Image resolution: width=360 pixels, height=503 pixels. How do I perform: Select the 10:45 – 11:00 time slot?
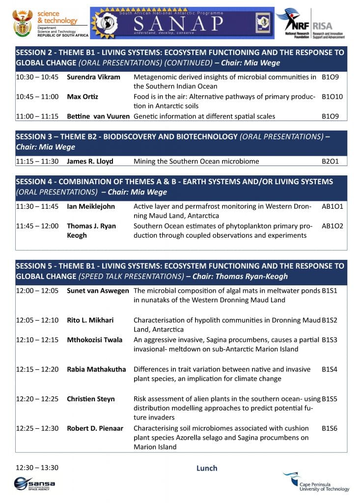(x=37, y=97)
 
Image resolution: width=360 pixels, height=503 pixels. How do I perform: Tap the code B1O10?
(x=332, y=97)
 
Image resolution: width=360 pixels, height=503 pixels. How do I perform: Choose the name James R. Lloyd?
(x=90, y=161)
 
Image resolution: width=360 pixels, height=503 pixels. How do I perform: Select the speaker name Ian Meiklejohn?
(x=91, y=206)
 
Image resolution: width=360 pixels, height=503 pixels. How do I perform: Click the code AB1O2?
(x=332, y=226)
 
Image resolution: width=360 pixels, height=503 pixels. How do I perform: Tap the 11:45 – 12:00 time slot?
(x=37, y=226)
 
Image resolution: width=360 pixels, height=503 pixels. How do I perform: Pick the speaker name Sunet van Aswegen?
(x=98, y=291)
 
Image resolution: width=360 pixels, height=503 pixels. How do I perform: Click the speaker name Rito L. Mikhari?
(x=90, y=320)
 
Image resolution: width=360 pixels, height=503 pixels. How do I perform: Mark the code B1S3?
(x=329, y=340)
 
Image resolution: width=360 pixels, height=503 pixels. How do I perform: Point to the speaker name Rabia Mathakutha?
(x=96, y=369)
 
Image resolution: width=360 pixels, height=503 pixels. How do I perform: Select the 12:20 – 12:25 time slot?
(x=37, y=399)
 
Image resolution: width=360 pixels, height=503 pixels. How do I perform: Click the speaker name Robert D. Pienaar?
(x=94, y=428)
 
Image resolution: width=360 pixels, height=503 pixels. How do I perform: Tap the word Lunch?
(x=207, y=468)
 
